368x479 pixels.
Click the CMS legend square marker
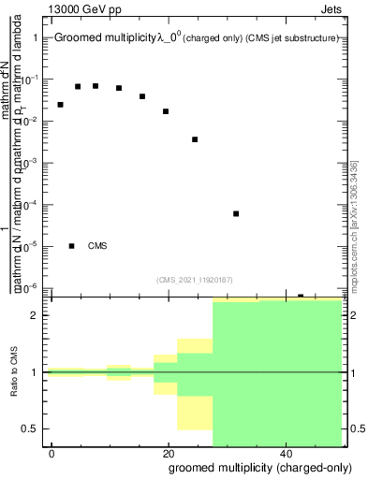click(x=71, y=246)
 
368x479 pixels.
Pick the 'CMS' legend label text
click(x=97, y=246)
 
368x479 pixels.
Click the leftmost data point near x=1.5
click(x=60, y=104)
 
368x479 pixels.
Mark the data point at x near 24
click(x=195, y=139)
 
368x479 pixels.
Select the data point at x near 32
click(x=236, y=213)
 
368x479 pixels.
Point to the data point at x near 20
click(x=166, y=111)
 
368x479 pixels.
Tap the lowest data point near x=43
click(x=301, y=296)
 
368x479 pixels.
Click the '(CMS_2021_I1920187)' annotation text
click(x=195, y=279)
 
